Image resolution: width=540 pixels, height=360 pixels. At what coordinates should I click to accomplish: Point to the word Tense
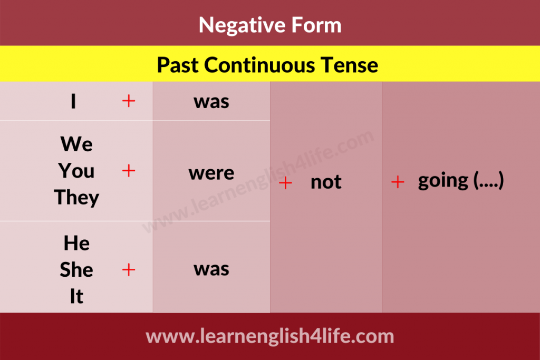point(349,65)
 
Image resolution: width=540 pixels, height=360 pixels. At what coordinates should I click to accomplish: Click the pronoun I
point(73,101)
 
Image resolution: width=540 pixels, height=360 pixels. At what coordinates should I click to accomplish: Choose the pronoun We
point(76,144)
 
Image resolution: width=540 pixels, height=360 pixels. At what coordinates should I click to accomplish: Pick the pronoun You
point(76,171)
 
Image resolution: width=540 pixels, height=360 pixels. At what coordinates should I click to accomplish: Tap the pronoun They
point(76,198)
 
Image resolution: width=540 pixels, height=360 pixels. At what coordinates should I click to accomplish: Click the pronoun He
point(76,244)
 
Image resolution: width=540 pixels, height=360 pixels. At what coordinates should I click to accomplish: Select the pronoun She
point(76,269)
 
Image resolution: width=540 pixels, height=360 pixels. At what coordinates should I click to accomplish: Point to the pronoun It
point(76,296)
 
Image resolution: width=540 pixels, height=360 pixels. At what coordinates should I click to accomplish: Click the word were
point(211,173)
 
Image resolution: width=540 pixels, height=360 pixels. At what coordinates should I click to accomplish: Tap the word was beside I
point(211,102)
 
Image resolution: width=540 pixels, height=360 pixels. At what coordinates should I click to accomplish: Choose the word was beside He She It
point(211,269)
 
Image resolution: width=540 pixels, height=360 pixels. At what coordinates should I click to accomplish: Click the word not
point(326,182)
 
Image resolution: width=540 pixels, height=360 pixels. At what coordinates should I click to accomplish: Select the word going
point(443,181)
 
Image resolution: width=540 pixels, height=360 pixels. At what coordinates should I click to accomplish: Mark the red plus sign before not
point(285,183)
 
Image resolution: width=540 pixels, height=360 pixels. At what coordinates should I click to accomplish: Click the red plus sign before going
point(398,182)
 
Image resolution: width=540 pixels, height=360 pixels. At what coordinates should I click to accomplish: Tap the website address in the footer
point(270,336)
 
